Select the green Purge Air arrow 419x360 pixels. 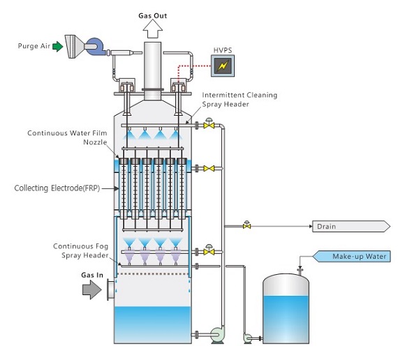[57, 47]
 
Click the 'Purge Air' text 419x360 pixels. [32, 47]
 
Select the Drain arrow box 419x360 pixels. [350, 226]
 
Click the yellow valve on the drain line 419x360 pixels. [247, 225]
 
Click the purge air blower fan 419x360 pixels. [96, 47]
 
